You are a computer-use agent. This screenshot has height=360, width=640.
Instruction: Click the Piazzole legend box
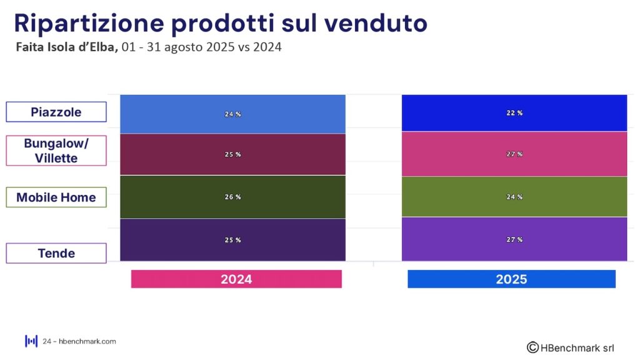pyautogui.click(x=56, y=112)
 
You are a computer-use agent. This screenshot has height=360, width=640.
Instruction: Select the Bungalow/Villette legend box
pyautogui.click(x=56, y=151)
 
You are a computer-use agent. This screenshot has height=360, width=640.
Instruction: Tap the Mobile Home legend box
pyautogui.click(x=56, y=197)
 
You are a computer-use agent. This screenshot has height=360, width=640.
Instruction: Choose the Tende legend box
pyautogui.click(x=56, y=253)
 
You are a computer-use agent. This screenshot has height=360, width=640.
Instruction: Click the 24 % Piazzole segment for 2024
pyautogui.click(x=232, y=114)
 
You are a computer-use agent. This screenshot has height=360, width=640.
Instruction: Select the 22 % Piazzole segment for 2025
pyautogui.click(x=514, y=112)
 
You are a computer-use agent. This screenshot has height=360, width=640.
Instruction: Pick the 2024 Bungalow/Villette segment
pyautogui.click(x=232, y=154)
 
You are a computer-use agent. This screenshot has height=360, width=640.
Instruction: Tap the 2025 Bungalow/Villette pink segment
pyautogui.click(x=514, y=154)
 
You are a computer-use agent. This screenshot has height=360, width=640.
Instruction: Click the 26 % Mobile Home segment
pyautogui.click(x=232, y=197)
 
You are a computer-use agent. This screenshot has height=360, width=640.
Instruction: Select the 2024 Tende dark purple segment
pyautogui.click(x=232, y=240)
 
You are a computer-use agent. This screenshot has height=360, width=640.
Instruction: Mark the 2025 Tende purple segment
pyautogui.click(x=514, y=239)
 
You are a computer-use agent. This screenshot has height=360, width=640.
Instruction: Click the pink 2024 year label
pyautogui.click(x=236, y=279)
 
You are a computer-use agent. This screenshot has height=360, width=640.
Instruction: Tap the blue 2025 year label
pyautogui.click(x=511, y=279)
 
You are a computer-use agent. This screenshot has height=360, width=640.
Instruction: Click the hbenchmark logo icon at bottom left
pyautogui.click(x=31, y=341)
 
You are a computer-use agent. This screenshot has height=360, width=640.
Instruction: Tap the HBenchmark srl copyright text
pyautogui.click(x=571, y=347)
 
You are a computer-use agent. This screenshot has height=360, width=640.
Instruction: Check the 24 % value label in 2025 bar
pyautogui.click(x=514, y=197)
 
